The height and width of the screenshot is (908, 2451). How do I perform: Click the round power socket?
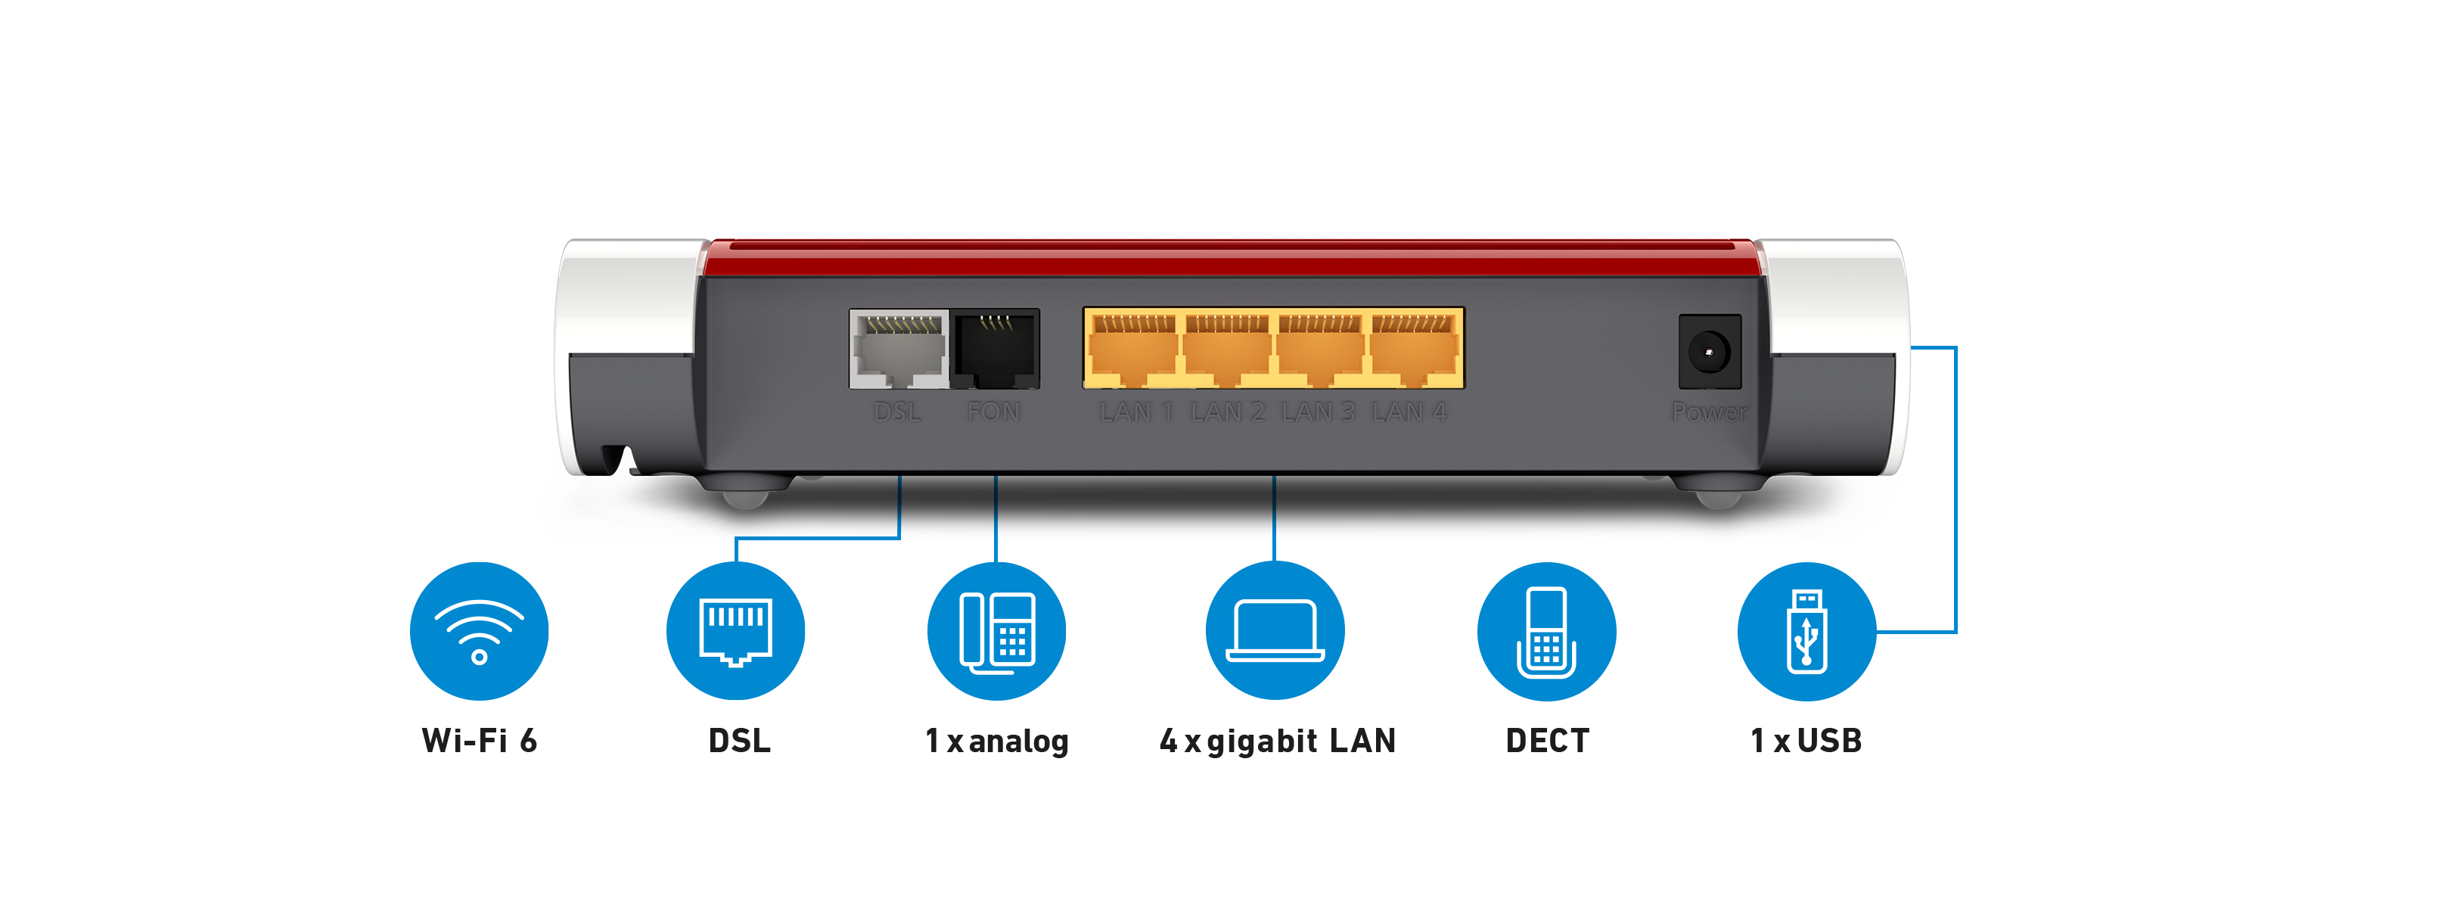pyautogui.click(x=1709, y=351)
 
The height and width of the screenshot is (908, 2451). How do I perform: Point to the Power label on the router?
pyautogui.click(x=1709, y=412)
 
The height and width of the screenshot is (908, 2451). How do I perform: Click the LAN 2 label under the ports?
pyautogui.click(x=1228, y=412)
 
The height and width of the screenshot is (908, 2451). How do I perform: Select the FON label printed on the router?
pyautogui.click(x=993, y=412)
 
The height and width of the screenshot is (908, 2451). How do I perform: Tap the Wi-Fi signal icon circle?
pyautogui.click(x=480, y=631)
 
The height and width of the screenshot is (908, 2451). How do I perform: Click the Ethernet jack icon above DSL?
pyautogui.click(x=735, y=631)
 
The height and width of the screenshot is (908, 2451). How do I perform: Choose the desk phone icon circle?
pyautogui.click(x=996, y=631)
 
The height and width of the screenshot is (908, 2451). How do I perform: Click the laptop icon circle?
pyautogui.click(x=1275, y=631)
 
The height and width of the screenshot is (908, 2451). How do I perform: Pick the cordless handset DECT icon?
pyautogui.click(x=1546, y=631)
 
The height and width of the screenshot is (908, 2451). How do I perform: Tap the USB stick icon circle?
pyautogui.click(x=1806, y=631)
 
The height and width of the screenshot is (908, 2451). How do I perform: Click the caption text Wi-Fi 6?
pyautogui.click(x=480, y=741)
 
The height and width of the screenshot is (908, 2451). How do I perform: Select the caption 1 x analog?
pyautogui.click(x=996, y=741)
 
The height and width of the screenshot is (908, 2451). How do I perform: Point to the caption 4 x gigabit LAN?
pyautogui.click(x=1277, y=741)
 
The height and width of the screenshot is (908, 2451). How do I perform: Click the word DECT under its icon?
pyautogui.click(x=1547, y=741)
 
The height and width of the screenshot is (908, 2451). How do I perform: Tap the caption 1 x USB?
pyautogui.click(x=1806, y=741)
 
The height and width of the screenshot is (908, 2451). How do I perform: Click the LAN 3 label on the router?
pyautogui.click(x=1318, y=412)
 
